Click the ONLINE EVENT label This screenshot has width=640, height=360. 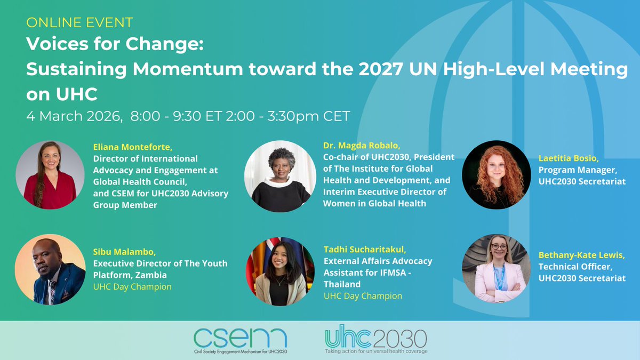79,23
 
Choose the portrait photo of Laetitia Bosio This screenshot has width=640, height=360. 496,175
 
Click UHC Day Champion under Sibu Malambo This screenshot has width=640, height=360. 133,287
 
